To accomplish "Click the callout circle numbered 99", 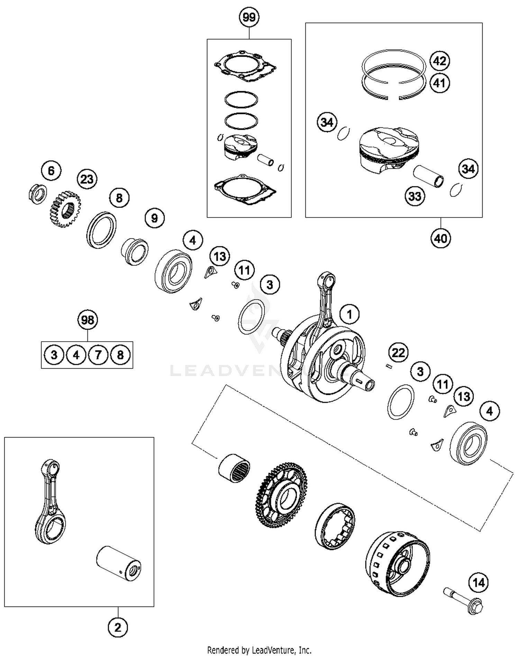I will pos(249,17).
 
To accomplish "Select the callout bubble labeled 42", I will pos(440,61).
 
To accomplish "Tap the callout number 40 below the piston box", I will pos(440,238).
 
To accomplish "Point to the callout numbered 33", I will pos(415,196).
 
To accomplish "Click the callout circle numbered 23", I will pos(87,179).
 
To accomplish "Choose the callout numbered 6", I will pos(51,170).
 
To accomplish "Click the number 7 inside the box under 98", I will pos(98,355).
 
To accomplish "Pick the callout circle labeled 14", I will pos(479,583).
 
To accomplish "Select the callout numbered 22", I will pos(398,353).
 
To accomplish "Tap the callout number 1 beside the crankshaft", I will pos(349,314).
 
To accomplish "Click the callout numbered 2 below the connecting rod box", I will pos(118,627).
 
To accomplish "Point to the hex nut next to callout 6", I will pos(37,194).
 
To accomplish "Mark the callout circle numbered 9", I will pos(154,218).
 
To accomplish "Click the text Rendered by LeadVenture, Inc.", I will pos(259,650).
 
